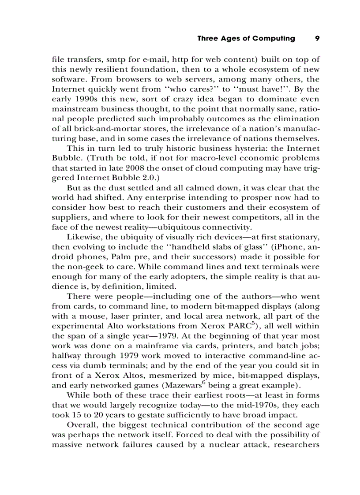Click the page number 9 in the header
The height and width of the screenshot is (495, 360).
[317, 38]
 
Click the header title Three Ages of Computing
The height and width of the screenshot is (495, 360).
[246, 38]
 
